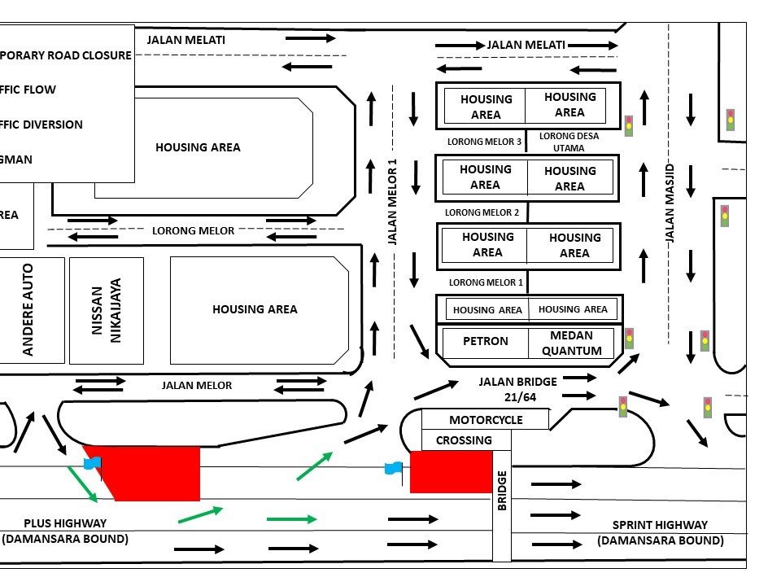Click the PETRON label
point(486,342)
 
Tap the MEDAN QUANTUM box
point(571,343)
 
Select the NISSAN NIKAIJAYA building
point(107,310)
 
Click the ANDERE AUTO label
point(28,310)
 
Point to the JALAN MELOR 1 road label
point(392,201)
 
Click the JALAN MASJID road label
point(671,203)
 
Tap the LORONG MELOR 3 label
point(484,142)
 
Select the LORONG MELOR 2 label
point(482,212)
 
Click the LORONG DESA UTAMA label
point(569,142)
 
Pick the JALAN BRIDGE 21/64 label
point(518,387)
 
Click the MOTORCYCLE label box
point(486,420)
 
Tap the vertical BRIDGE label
point(502,491)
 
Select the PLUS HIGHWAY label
point(65,531)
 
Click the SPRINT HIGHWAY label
point(660,532)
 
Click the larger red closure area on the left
point(151,472)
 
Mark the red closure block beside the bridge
point(450,473)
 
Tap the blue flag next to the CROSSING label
point(394,468)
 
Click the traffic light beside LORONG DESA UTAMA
point(629,125)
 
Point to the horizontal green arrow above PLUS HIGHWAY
point(290,518)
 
